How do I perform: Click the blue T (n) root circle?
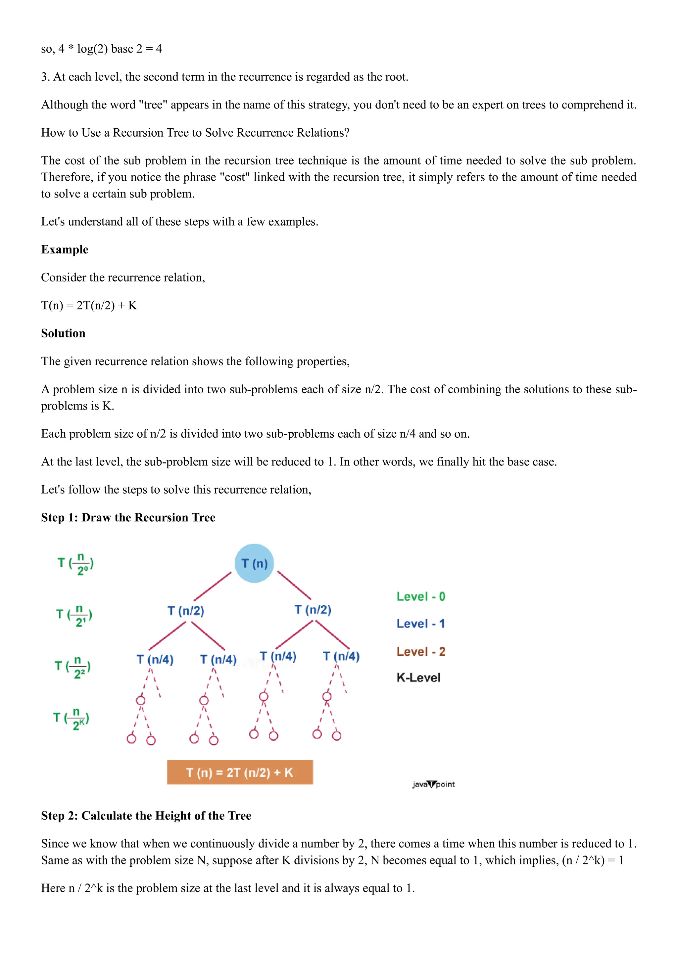pos(254,563)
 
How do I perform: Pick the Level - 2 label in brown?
pos(421,651)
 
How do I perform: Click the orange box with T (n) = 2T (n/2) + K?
pos(240,772)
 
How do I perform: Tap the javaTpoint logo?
pos(433,784)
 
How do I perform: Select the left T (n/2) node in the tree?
pos(186,611)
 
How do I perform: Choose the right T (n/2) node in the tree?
pos(313,610)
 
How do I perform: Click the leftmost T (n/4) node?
pos(155,660)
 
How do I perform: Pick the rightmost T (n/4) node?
pos(341,656)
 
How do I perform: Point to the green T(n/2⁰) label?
pos(75,564)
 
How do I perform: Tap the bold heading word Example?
pos(65,249)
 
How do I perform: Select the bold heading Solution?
pos(63,333)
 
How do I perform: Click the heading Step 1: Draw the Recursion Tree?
pos(128,517)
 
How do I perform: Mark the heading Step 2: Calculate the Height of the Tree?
pos(146,816)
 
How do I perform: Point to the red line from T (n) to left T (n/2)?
pos(213,586)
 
